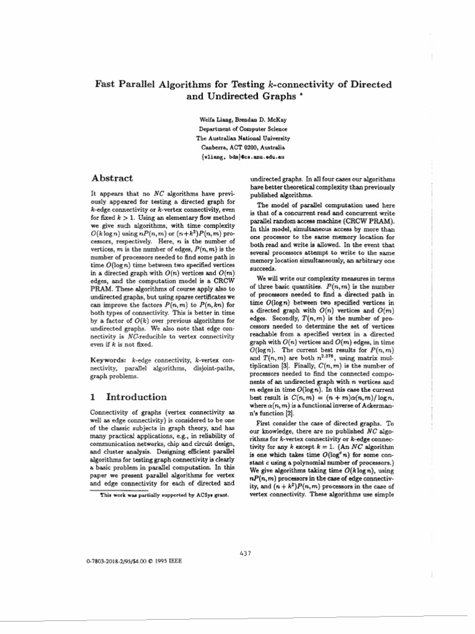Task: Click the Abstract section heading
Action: coord(112,177)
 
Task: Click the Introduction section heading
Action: coord(136,397)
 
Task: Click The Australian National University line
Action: coord(234,139)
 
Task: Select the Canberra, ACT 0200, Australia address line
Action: coord(234,148)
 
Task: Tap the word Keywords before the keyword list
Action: coord(109,360)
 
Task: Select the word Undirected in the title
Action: coord(233,97)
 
